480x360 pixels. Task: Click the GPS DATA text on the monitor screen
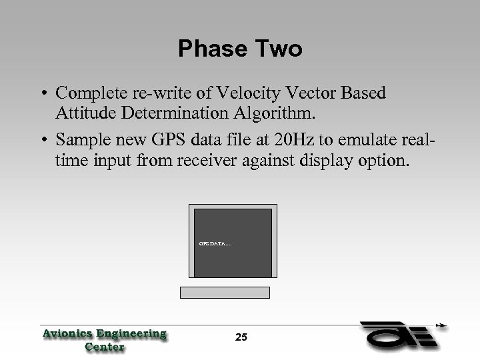tap(215, 244)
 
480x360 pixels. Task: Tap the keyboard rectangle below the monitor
tap(225, 293)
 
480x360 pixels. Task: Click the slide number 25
tap(241, 338)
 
